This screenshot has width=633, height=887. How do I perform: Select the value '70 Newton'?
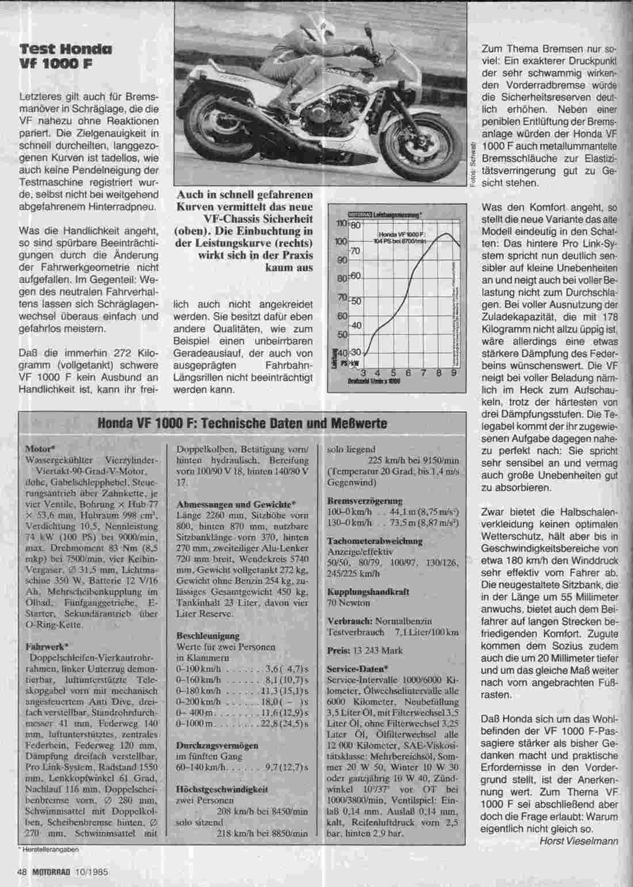[348, 603]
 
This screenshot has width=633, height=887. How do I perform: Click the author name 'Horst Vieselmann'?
[579, 841]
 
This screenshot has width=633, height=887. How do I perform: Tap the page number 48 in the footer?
[22, 871]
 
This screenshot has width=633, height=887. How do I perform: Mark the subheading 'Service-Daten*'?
[357, 669]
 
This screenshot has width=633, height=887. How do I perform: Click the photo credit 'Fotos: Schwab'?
[472, 163]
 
